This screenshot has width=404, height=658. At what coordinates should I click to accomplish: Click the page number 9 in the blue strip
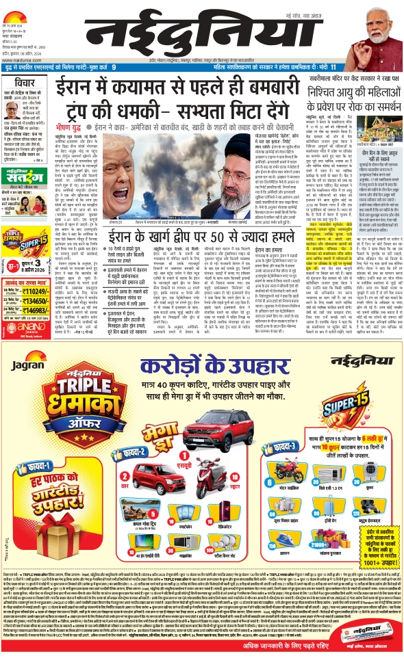114,67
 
